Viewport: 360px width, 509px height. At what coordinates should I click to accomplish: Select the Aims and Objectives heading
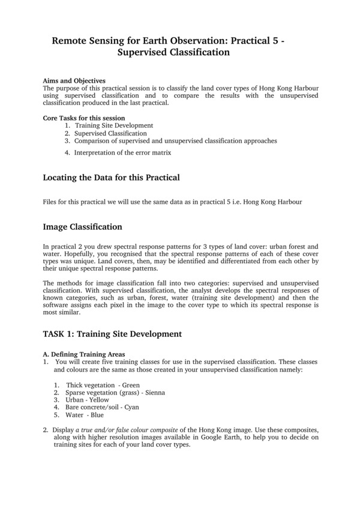click(x=74, y=81)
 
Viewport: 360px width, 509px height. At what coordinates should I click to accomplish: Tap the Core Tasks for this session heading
click(x=84, y=118)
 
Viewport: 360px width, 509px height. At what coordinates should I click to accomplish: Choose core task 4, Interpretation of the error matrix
click(x=122, y=153)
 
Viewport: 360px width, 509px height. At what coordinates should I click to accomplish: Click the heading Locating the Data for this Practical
click(x=111, y=177)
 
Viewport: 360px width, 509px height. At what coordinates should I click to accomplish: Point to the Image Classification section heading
click(x=83, y=227)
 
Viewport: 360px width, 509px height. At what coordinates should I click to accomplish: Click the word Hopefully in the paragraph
click(x=74, y=254)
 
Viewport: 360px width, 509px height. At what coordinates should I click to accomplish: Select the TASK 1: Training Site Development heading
click(x=112, y=333)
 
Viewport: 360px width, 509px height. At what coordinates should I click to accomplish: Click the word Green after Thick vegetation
click(x=131, y=384)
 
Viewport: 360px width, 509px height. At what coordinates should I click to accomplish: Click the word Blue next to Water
click(x=97, y=415)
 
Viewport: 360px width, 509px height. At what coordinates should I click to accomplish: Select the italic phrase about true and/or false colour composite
click(x=140, y=430)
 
